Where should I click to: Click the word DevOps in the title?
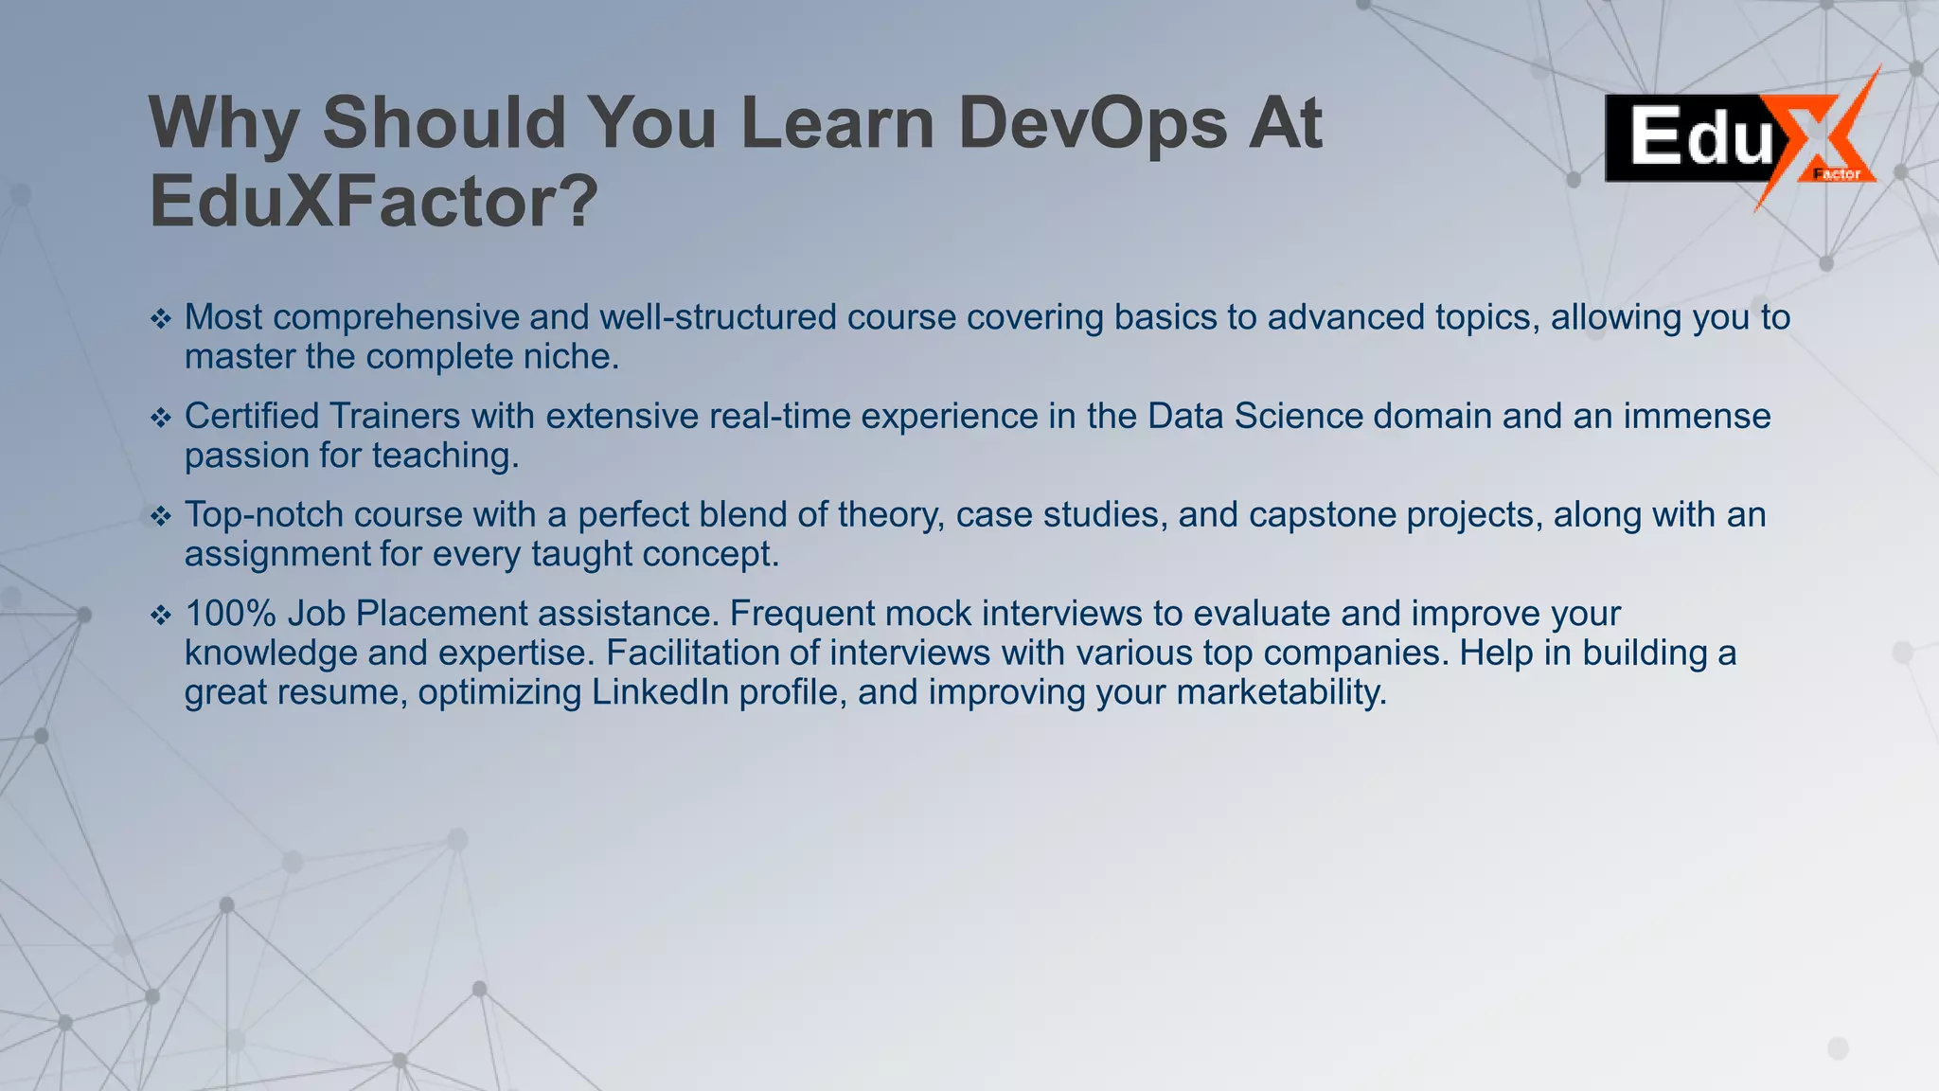pyautogui.click(x=1093, y=124)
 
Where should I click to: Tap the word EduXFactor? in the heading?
pyautogui.click(x=374, y=203)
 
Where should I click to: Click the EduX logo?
pyautogui.click(x=1740, y=138)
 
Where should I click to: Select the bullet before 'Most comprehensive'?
pyautogui.click(x=161, y=319)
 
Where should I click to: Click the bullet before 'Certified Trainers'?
pyautogui.click(x=161, y=418)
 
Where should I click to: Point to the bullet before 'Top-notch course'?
pyautogui.click(x=161, y=516)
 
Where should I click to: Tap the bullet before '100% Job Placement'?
pyautogui.click(x=161, y=616)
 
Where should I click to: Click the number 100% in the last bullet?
pyautogui.click(x=230, y=614)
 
